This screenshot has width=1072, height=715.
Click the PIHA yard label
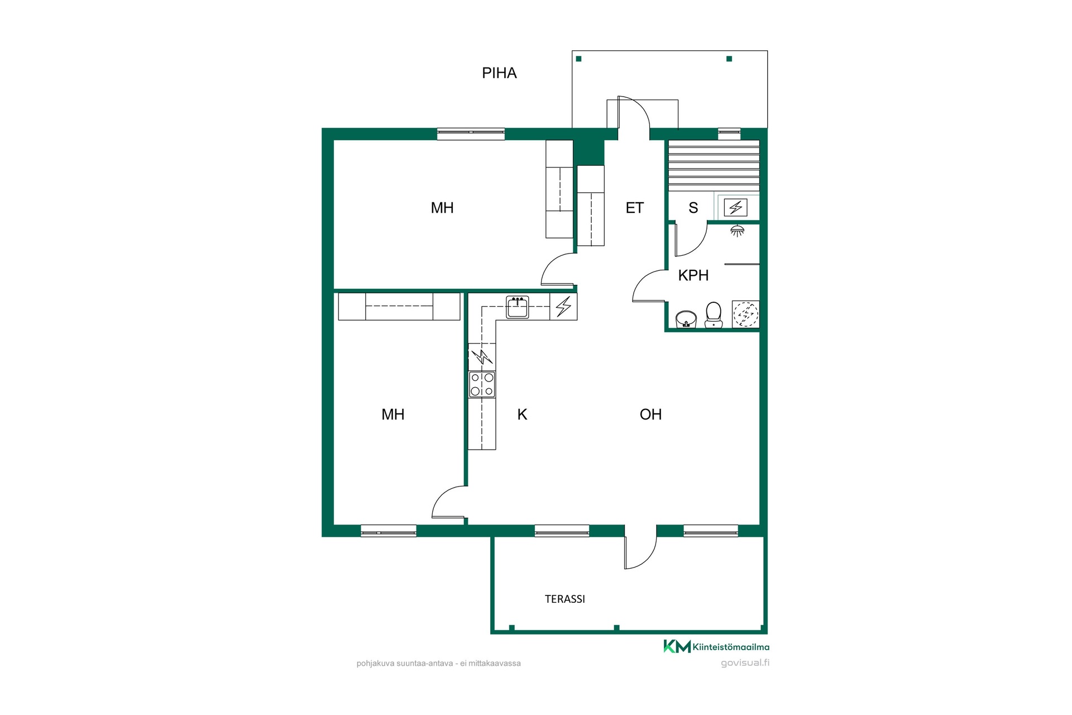(499, 73)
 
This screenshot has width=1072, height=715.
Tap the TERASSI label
(565, 599)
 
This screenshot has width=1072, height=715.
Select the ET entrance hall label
(634, 208)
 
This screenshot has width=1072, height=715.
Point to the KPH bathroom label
(693, 275)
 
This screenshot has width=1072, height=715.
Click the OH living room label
(650, 414)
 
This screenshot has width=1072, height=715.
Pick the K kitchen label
(522, 414)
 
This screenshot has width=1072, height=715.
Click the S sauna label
(693, 208)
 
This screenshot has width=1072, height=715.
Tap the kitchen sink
(518, 307)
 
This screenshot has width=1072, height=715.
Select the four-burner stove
(482, 384)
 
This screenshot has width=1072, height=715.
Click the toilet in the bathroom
(713, 315)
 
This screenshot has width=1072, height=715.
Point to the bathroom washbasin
(686, 319)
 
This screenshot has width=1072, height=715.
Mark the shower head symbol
(738, 231)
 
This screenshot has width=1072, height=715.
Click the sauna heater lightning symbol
(736, 208)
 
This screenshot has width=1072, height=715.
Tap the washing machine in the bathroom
(745, 314)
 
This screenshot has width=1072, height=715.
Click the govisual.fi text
(745, 663)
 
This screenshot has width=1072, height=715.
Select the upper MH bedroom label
(442, 208)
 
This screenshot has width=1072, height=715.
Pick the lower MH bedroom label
(393, 414)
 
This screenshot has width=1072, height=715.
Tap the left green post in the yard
(579, 59)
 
